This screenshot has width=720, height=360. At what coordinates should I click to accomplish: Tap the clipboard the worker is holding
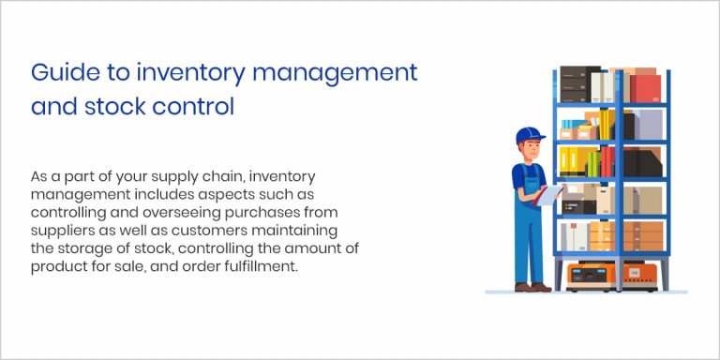(x=549, y=193)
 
